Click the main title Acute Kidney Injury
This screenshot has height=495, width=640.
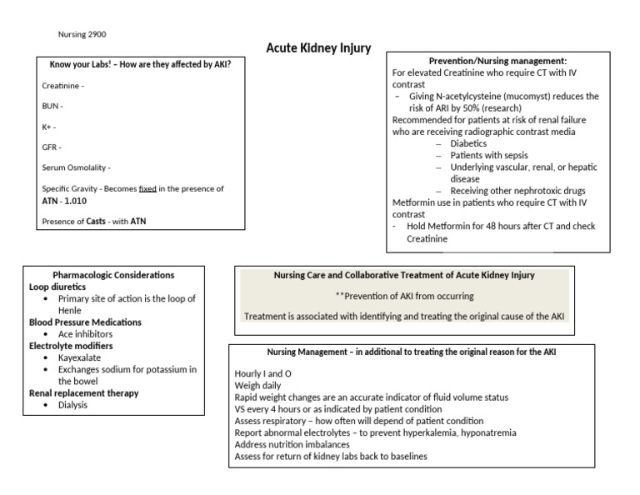318,47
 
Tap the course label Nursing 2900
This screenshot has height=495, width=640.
82,34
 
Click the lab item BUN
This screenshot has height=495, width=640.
52,106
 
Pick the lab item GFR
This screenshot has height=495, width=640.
51,147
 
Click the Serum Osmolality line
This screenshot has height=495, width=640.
76,167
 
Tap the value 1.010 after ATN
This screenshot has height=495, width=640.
75,201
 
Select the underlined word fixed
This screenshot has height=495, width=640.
147,188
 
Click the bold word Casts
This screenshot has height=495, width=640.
96,221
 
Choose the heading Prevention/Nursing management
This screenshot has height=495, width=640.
497,61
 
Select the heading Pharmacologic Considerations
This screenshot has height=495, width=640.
113,274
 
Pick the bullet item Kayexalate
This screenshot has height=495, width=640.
81,357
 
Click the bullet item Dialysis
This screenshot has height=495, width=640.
72,405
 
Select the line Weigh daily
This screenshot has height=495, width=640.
257,386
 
